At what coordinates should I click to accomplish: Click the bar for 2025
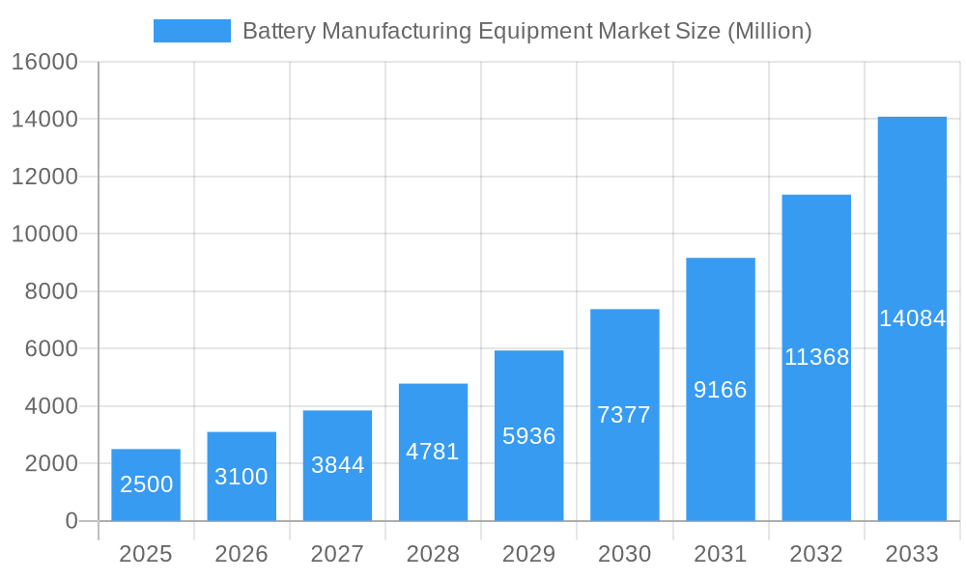pos(146,484)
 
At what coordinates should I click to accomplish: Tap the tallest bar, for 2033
pos(912,318)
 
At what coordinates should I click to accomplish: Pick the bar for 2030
pos(624,415)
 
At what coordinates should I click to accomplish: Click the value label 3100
pos(241,477)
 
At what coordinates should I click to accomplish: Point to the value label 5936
pos(529,436)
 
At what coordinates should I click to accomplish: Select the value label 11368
pos(816,357)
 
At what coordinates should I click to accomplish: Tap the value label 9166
pos(721,390)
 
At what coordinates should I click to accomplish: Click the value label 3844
pos(337,465)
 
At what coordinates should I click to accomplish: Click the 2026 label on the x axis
pos(241,554)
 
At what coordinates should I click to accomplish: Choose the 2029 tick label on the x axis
pos(529,554)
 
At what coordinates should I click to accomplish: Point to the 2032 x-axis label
pos(816,554)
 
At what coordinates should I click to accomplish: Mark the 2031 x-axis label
pos(721,554)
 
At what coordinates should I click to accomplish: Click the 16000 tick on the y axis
pos(44,63)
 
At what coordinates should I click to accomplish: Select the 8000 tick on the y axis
pos(50,291)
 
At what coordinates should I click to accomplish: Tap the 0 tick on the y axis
pos(71,521)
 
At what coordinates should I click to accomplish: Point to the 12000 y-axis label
pos(44,177)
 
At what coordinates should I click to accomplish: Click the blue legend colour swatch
pos(192,31)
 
